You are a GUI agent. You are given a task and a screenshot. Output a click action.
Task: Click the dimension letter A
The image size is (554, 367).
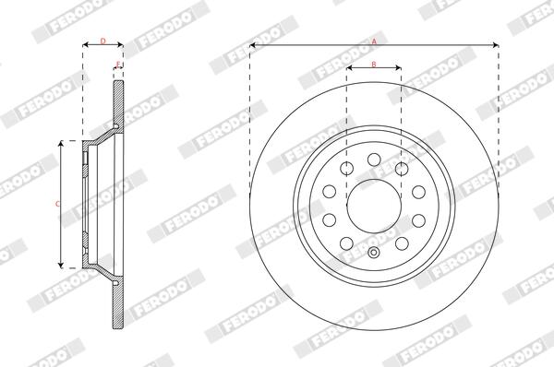(x=375, y=41)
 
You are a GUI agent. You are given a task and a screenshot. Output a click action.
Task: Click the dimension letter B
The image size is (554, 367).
(x=374, y=65)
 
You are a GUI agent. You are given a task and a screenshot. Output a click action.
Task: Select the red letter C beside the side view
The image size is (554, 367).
(x=57, y=204)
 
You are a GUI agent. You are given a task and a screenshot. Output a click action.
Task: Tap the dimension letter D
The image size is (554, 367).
(x=102, y=41)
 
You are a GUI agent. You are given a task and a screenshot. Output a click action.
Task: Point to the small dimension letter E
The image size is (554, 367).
(x=119, y=64)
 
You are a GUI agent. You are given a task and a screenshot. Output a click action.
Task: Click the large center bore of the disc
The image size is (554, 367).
(x=374, y=206)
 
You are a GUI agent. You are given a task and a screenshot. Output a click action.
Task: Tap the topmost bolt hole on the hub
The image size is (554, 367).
(x=374, y=160)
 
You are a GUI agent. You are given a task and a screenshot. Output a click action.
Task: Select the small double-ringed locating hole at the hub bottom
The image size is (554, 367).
(x=373, y=253)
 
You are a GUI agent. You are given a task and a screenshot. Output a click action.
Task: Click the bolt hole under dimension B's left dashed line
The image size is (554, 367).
(x=346, y=169)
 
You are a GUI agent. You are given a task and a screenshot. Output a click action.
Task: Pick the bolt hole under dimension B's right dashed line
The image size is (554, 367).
(x=402, y=169)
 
